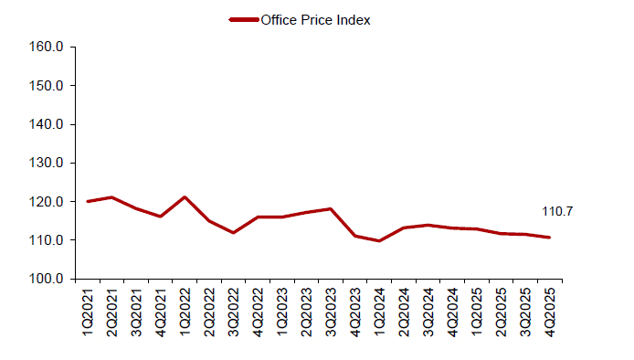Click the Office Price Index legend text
tap(315, 20)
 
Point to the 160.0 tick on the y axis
tap(45, 48)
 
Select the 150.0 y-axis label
tap(45, 86)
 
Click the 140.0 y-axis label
tap(45, 124)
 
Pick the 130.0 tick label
tap(45, 163)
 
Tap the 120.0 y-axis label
tap(45, 202)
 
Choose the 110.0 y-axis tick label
tap(45, 240)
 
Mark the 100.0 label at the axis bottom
tap(45, 279)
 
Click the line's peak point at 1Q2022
tap(185, 197)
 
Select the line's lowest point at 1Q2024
tap(380, 241)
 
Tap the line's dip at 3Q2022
tap(234, 233)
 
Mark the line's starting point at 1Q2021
tap(88, 201)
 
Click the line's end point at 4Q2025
tap(550, 238)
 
